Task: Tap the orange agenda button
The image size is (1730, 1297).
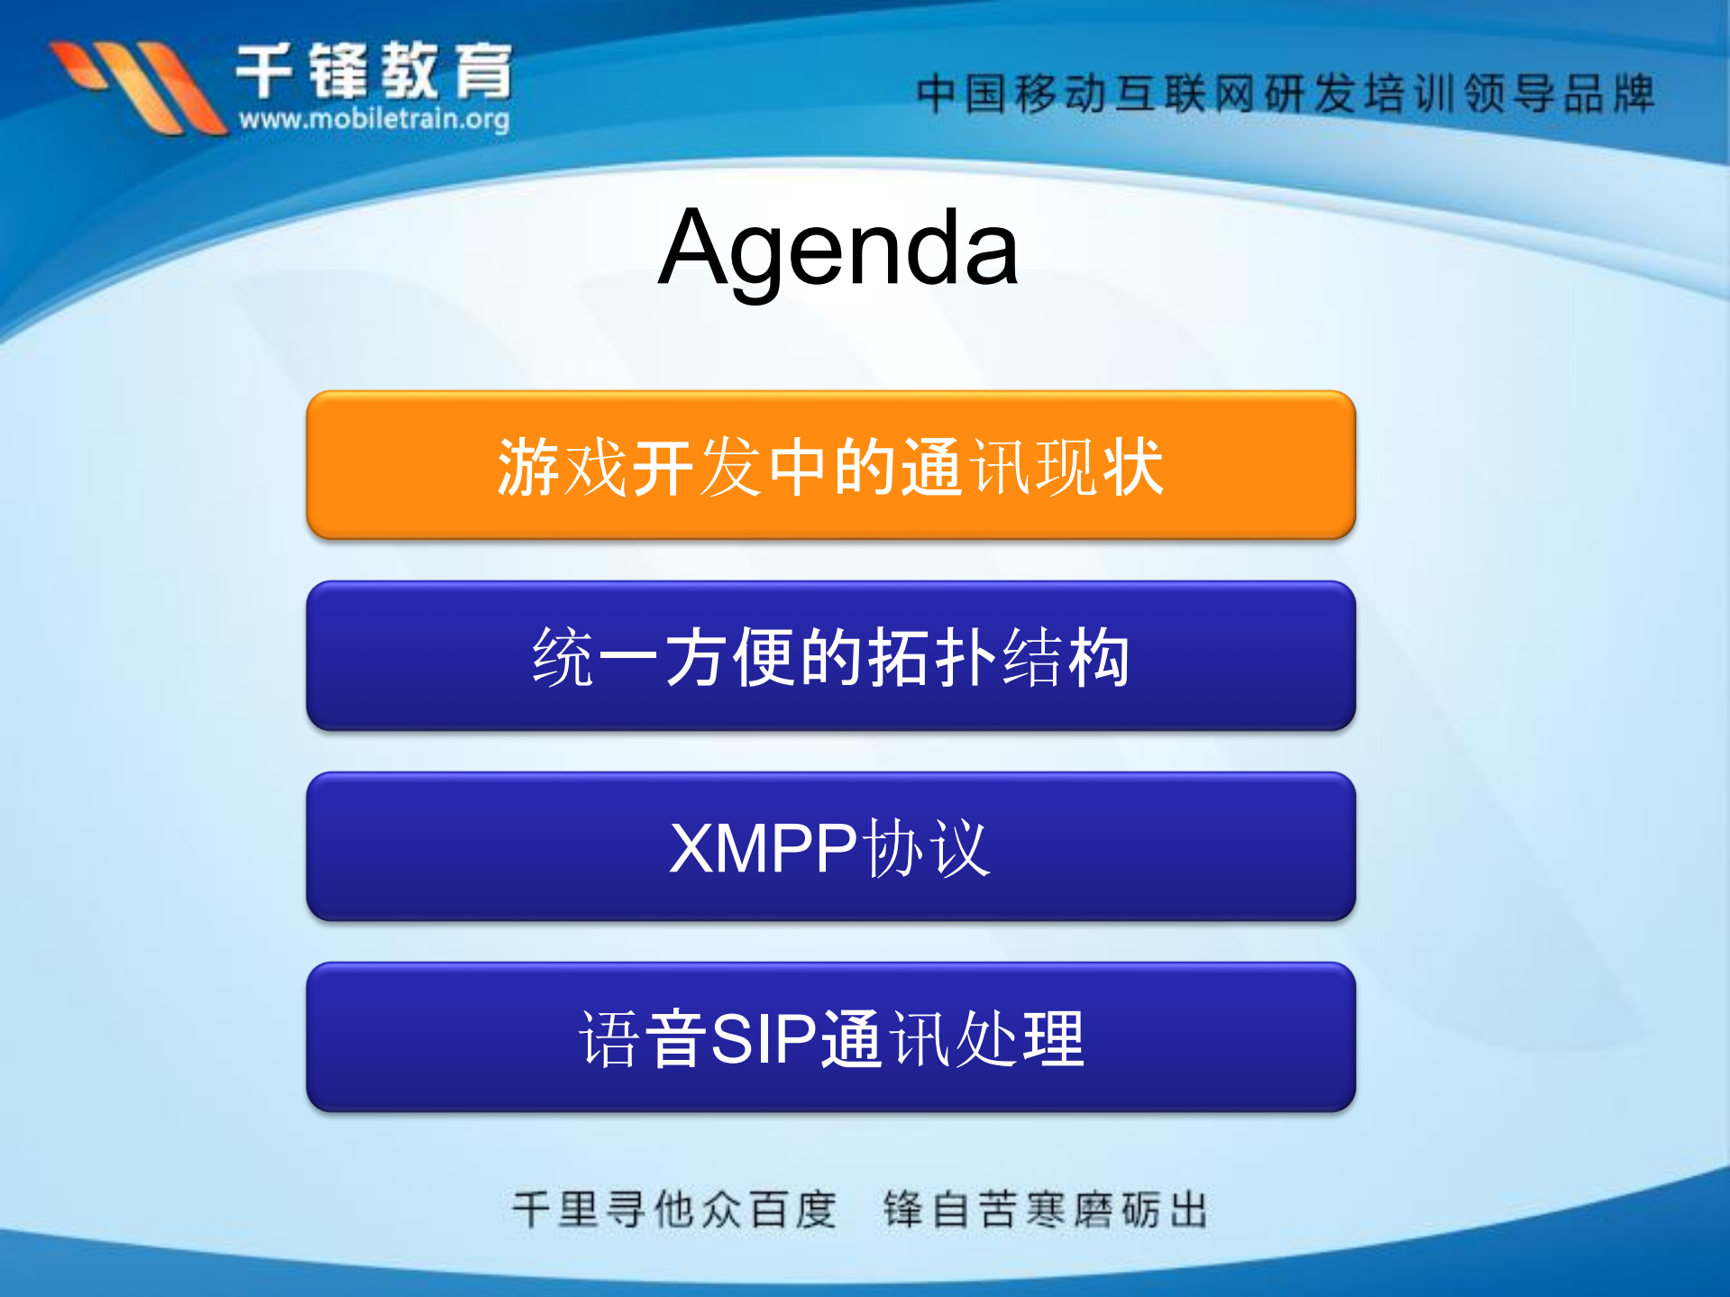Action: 830,466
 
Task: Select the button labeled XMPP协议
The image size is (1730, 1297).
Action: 830,846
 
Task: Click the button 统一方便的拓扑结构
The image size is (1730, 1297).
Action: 830,656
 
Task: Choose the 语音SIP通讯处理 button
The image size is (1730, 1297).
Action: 830,1037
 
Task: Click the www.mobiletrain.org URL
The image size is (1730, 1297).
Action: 374,119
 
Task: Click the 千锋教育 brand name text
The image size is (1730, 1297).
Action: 374,70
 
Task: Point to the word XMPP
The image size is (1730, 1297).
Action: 763,848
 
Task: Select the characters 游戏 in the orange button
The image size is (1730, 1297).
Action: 563,467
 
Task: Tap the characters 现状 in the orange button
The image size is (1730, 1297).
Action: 1100,467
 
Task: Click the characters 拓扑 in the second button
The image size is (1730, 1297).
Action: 932,657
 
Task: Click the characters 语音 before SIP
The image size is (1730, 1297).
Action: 643,1039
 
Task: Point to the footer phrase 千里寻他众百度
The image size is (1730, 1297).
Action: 674,1210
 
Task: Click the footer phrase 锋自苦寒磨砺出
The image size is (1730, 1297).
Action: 1046,1210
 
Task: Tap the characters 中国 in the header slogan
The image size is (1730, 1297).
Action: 962,94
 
